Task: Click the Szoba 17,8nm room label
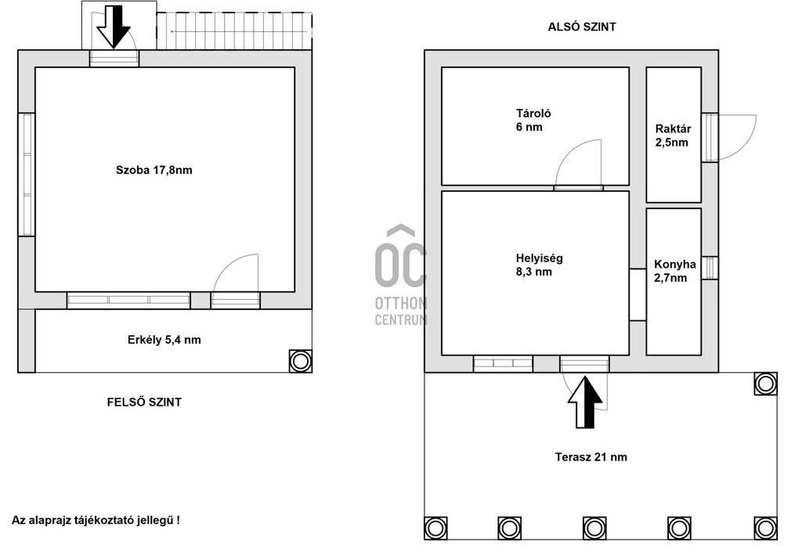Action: (154, 170)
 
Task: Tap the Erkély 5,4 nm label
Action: (164, 340)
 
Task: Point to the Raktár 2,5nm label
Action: (673, 135)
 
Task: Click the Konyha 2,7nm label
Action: (674, 271)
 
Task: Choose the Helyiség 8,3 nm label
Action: (539, 265)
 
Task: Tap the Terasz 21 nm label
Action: (591, 457)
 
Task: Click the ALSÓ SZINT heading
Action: (582, 27)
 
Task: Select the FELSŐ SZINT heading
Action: (144, 403)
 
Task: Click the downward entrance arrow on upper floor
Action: (114, 27)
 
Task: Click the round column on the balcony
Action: (300, 361)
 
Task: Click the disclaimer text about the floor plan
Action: (96, 520)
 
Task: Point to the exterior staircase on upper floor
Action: (234, 31)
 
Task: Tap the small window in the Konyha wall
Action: (710, 268)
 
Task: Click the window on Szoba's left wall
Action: (27, 175)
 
